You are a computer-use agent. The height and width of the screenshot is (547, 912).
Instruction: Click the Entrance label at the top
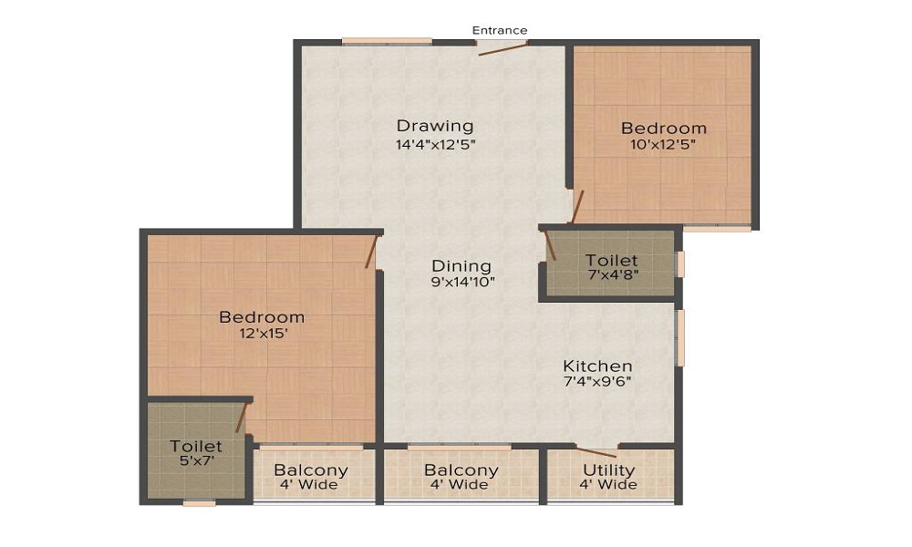(500, 30)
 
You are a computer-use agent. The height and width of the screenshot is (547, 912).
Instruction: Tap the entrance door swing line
(503, 48)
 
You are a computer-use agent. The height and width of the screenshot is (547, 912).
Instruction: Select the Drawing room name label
(435, 126)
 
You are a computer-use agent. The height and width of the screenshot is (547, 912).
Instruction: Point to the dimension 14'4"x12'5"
(436, 145)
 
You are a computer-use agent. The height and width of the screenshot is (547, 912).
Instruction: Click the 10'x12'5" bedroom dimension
(663, 145)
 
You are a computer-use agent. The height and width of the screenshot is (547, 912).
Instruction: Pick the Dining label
(461, 266)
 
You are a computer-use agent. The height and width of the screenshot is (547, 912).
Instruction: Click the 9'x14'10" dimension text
(463, 284)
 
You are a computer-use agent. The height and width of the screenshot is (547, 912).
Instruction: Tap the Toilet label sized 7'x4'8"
(611, 260)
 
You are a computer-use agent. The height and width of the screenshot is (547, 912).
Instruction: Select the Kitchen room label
(597, 366)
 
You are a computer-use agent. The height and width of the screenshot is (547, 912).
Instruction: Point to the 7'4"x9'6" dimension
(597, 382)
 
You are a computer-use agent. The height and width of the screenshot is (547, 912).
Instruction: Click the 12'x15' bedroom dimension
(264, 334)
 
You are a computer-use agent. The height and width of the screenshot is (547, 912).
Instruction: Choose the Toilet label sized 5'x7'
(196, 446)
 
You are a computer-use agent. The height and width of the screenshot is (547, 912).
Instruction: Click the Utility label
(608, 470)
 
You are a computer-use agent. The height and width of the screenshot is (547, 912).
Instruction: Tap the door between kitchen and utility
(596, 451)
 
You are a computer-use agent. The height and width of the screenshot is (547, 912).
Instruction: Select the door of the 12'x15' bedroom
(372, 251)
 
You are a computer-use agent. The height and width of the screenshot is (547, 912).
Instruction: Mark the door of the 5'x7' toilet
(242, 418)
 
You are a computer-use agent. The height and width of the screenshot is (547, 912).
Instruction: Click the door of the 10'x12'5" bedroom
(576, 207)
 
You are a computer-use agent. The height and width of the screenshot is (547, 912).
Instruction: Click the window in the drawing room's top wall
(387, 41)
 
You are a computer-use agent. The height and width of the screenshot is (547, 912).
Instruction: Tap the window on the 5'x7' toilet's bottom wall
(199, 503)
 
